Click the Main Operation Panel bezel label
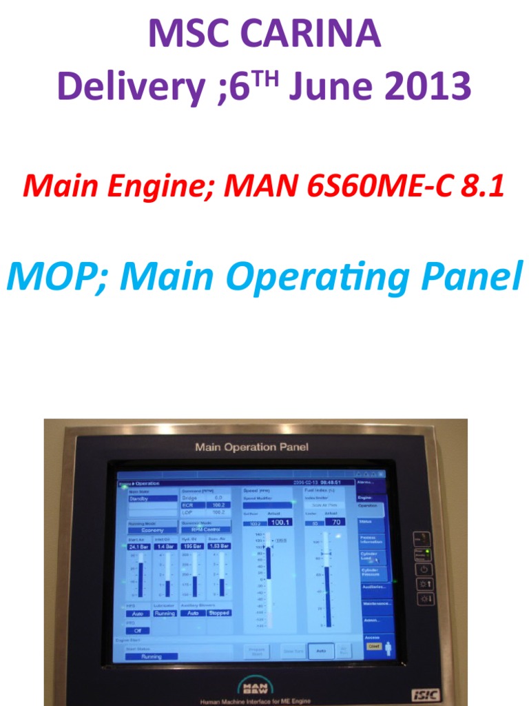[x=251, y=447]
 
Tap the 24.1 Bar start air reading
[x=138, y=546]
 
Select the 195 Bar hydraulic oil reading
[x=192, y=546]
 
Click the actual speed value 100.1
[x=280, y=523]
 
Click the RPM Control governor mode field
[x=205, y=530]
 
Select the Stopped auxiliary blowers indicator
[x=219, y=613]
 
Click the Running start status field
[x=151, y=657]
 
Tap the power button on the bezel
[x=422, y=569]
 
